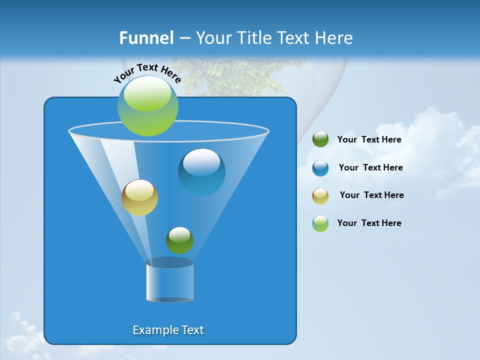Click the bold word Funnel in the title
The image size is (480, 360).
click(x=146, y=38)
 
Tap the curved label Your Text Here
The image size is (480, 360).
click(x=147, y=72)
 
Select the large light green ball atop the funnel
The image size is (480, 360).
click(x=148, y=105)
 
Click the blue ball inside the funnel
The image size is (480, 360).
click(x=202, y=171)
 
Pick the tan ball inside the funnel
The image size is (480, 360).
click(x=139, y=197)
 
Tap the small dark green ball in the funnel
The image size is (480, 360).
click(x=179, y=240)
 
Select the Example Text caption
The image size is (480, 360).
click(x=168, y=330)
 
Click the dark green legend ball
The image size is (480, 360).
click(x=320, y=139)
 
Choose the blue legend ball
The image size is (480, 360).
click(x=320, y=167)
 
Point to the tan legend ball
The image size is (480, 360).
click(x=320, y=195)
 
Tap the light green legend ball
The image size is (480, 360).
click(x=320, y=223)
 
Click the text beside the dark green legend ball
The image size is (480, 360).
click(x=369, y=140)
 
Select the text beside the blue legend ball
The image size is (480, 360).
click(x=370, y=167)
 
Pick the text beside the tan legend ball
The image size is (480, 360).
click(x=371, y=195)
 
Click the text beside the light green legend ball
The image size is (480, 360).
click(x=369, y=223)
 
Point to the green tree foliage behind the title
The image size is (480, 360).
click(x=235, y=75)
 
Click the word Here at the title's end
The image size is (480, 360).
click(x=335, y=38)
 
